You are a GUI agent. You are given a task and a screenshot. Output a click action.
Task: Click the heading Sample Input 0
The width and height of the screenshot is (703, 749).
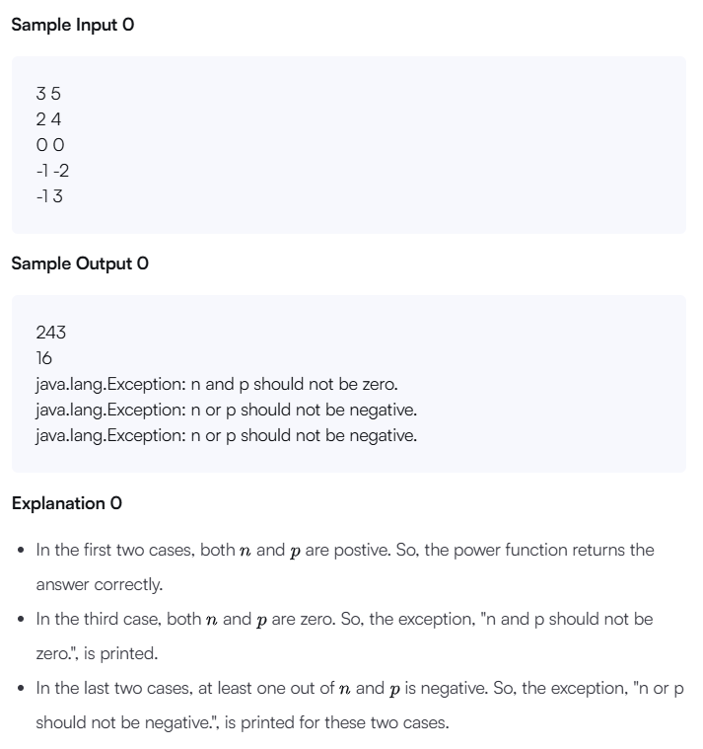(x=72, y=26)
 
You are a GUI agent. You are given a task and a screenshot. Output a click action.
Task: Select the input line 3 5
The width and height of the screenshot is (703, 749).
(x=48, y=95)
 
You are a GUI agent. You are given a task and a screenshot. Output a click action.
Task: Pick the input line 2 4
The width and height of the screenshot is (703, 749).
(x=48, y=119)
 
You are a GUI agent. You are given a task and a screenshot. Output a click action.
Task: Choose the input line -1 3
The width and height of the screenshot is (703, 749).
(x=50, y=195)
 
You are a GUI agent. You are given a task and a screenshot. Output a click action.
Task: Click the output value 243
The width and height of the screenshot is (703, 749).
(x=51, y=334)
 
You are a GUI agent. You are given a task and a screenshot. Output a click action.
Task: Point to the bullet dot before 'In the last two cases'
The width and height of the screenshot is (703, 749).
(x=22, y=688)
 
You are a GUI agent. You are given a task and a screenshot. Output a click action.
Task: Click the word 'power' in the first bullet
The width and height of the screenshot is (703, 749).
(x=454, y=550)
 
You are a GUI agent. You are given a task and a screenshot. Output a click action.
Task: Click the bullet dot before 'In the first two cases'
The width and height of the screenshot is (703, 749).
(x=22, y=550)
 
